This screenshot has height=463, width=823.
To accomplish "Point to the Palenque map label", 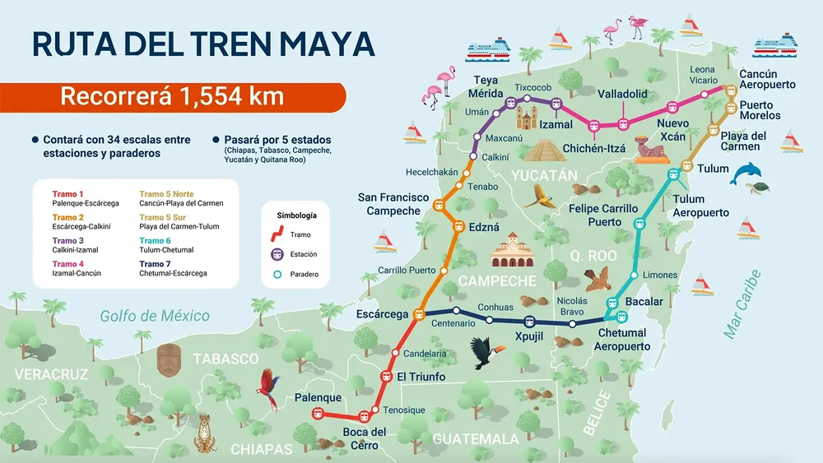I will pyautogui.click(x=318, y=398).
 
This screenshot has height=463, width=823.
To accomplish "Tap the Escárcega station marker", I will pyautogui.click(x=418, y=313).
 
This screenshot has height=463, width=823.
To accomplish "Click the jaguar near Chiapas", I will pyautogui.click(x=206, y=432).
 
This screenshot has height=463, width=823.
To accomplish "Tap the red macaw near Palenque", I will pyautogui.click(x=269, y=388).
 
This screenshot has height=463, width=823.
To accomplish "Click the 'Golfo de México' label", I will pyautogui.click(x=155, y=316).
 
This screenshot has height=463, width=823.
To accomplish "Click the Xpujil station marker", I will pyautogui.click(x=529, y=322).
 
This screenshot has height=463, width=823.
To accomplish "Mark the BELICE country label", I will pyautogui.click(x=598, y=412).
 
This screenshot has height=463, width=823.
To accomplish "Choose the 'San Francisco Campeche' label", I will pyautogui.click(x=393, y=204).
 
